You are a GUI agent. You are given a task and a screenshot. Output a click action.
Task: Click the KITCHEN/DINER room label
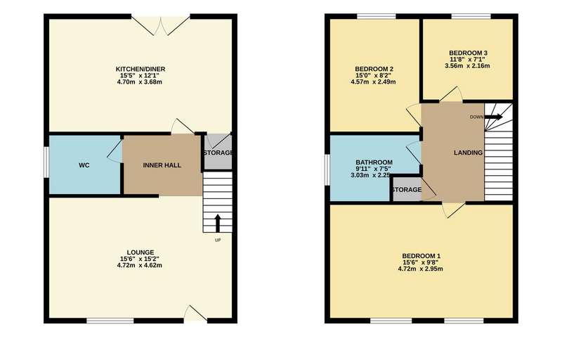tap(140, 69)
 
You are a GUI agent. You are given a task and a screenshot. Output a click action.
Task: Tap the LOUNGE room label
tap(140, 252)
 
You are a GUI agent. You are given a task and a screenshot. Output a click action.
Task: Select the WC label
tap(84, 165)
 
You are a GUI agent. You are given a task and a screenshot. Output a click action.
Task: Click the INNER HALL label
tap(162, 165)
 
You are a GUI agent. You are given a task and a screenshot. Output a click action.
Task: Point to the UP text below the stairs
tap(218, 240)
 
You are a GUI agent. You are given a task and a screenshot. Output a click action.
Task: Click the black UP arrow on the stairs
tap(218, 223)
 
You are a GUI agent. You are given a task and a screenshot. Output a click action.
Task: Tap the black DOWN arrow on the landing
tap(494, 117)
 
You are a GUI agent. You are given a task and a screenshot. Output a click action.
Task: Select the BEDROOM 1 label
tap(421, 256)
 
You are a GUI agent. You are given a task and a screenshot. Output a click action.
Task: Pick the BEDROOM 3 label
tap(468, 53)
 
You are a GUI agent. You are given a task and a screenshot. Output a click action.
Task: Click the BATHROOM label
tap(374, 162)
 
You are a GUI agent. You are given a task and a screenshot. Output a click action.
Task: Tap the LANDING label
tap(468, 153)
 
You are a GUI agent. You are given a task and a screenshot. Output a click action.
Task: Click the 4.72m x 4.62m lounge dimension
tap(139, 265)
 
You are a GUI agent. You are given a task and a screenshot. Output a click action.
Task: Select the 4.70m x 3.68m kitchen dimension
tap(139, 82)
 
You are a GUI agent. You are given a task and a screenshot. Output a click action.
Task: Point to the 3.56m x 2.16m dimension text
tap(467, 66)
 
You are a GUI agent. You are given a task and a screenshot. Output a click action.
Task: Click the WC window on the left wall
tap(46, 162)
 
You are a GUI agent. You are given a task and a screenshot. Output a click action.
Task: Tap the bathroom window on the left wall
tap(327, 170)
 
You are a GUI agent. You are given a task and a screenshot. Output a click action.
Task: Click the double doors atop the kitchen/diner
tap(161, 25)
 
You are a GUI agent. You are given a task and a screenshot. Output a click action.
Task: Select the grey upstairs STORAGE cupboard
tap(407, 188)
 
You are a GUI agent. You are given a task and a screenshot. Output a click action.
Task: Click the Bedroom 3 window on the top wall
tap(471, 16)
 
